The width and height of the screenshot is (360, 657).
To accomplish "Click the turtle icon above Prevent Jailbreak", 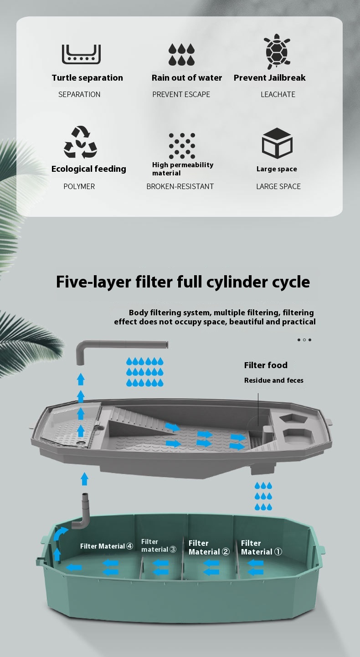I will point(277,52).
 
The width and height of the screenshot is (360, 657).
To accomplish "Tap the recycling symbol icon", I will point(80,142).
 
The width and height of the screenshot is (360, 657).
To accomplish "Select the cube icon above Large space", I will point(277,143).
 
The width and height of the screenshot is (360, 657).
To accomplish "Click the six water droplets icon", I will point(181,54).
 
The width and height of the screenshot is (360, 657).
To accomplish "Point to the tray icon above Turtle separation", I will point(81,54).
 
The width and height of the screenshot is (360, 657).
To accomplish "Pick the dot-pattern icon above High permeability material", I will point(182,146).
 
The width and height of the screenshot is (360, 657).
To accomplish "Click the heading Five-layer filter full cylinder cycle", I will point(183,282).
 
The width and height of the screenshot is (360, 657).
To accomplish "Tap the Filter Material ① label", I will point(261,547).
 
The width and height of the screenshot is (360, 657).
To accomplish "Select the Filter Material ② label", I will point(209,547).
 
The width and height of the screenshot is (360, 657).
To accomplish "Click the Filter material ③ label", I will point(158,545).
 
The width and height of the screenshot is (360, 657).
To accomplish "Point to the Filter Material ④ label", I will point(107,546).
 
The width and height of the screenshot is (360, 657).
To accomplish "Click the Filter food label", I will point(266,365).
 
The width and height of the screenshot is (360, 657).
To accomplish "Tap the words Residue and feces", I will point(273,380).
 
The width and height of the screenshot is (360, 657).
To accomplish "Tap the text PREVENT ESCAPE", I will point(181,94).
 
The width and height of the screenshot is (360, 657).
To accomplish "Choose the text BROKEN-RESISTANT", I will point(180,186).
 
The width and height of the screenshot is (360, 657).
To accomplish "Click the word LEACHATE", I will point(278,94).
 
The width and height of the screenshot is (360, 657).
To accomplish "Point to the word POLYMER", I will point(79,186).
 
